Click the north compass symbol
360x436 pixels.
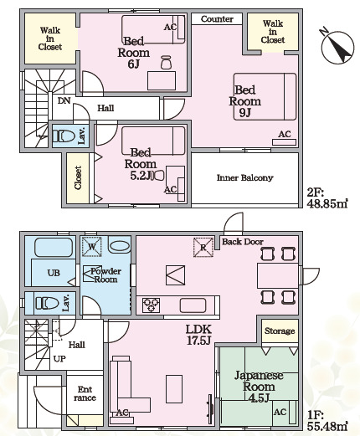(x=337, y=46)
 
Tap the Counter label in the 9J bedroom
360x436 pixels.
(x=217, y=19)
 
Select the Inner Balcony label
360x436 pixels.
(x=244, y=177)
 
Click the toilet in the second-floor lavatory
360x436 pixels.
(x=64, y=136)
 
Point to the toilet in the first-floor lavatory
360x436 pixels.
(x=47, y=303)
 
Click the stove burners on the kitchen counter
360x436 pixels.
(x=151, y=305)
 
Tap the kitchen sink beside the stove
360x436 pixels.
(x=193, y=305)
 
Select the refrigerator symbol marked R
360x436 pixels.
(x=203, y=247)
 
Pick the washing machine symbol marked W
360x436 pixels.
(x=92, y=247)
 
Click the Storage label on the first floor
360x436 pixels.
(x=280, y=331)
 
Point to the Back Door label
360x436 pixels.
(x=243, y=242)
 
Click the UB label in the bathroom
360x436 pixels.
(x=54, y=273)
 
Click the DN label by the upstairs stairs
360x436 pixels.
(x=64, y=100)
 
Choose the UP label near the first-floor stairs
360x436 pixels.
(x=59, y=359)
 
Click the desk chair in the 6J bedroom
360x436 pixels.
(x=166, y=62)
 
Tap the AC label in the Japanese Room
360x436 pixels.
(x=280, y=412)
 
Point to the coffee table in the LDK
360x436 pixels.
(x=174, y=389)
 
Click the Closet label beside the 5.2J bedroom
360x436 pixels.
(x=78, y=177)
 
